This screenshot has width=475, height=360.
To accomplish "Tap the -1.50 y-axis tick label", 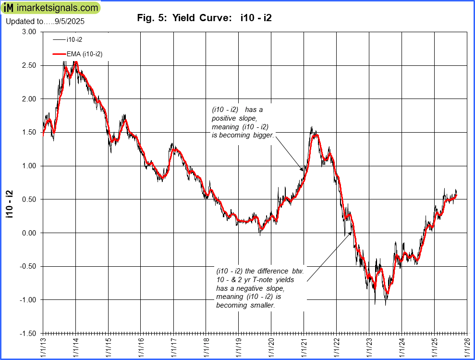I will pos(28,333).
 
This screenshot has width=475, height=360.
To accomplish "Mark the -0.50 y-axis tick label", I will pos(28,266).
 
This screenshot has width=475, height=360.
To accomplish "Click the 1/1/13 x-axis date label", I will pos(43,347).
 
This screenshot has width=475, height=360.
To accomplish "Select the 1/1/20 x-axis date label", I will pos(271,347).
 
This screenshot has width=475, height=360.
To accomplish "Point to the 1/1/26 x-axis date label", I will pos(467,347).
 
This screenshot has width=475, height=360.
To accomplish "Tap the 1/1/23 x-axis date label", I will pos(369,347).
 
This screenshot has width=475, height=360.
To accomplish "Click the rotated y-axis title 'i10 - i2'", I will pos(10,204).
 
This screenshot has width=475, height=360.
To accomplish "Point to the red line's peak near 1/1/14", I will pos(75,62).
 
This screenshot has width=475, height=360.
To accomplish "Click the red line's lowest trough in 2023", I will pos(387,293).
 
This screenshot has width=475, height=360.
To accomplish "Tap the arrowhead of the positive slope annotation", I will pos(303,171).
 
